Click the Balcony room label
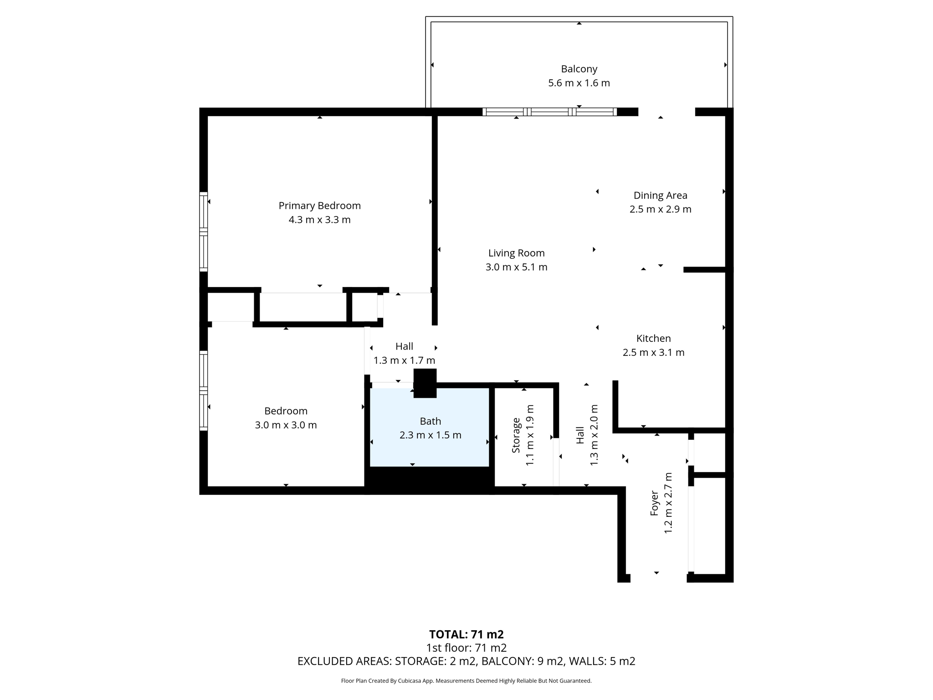click(579, 69)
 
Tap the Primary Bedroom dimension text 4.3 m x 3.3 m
click(319, 220)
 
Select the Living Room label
click(516, 253)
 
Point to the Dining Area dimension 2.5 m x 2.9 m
click(660, 209)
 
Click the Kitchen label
click(653, 338)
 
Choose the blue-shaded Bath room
click(430, 449)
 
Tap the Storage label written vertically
click(516, 435)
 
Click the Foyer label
click(654, 503)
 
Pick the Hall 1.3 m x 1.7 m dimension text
click(404, 360)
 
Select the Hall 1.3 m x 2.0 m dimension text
click(594, 435)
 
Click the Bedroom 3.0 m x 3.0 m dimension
click(286, 425)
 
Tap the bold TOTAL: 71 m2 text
click(466, 634)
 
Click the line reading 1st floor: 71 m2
click(466, 648)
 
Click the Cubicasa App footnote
click(466, 681)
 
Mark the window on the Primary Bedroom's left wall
click(204, 232)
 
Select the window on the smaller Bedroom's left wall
click(204, 390)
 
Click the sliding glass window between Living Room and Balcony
click(549, 112)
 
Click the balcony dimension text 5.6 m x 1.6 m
click(579, 83)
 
